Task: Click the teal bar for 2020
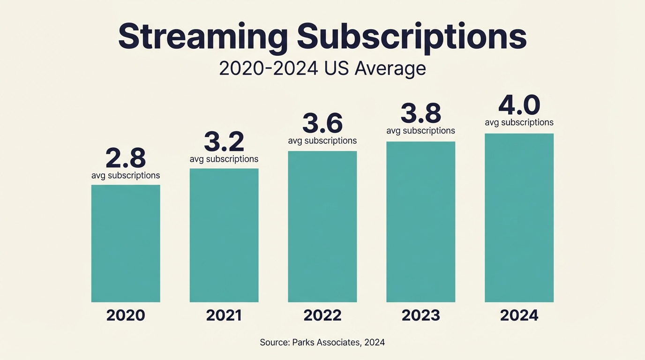(x=126, y=244)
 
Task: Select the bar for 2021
(x=224, y=235)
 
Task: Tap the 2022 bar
(x=322, y=227)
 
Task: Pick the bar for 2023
(x=421, y=222)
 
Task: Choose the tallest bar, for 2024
(x=519, y=218)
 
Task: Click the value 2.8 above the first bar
(x=126, y=158)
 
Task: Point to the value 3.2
(x=224, y=142)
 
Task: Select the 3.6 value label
(x=322, y=124)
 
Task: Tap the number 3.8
(x=421, y=114)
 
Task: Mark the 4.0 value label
(x=519, y=105)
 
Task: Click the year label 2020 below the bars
(x=126, y=315)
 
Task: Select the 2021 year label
(x=224, y=315)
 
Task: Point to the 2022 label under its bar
(x=322, y=315)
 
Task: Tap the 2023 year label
(x=421, y=315)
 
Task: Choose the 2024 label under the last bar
(x=519, y=315)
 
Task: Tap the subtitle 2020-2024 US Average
(x=322, y=68)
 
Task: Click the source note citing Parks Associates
(x=322, y=342)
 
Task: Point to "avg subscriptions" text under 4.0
(x=519, y=122)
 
